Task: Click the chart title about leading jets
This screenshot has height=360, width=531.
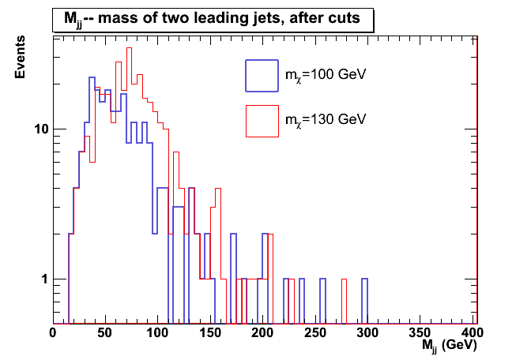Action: point(213,20)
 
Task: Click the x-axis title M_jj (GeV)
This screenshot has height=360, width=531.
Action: point(447,345)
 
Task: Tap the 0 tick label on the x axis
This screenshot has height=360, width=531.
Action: point(53,333)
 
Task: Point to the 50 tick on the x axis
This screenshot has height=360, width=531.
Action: point(105,333)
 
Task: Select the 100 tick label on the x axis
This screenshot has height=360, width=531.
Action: point(158,333)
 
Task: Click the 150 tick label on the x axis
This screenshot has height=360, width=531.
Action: point(210,333)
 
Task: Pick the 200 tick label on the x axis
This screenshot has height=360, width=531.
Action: point(263,333)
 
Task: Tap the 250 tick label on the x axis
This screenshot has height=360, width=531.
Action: point(316,333)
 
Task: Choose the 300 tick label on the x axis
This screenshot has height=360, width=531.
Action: point(368,333)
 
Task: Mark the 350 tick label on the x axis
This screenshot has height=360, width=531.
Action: point(421,333)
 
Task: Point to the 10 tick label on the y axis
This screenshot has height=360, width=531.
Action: point(39,129)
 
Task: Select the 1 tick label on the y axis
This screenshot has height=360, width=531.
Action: point(43,279)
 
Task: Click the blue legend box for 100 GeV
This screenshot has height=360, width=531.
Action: point(262,75)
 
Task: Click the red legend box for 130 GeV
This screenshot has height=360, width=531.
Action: point(262,120)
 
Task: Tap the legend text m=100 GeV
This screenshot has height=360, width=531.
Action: point(325,76)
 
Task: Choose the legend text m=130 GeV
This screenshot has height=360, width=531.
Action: point(325,120)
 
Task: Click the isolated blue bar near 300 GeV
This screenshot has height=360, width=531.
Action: point(364,300)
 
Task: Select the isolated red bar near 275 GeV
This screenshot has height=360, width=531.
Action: point(344,300)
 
